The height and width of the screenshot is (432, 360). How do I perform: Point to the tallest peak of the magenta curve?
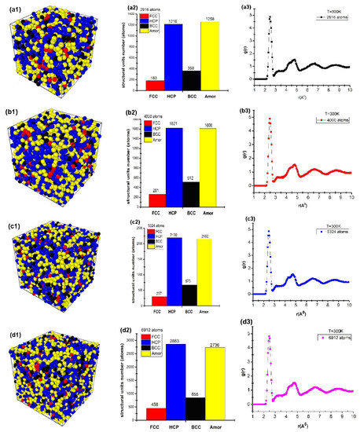(x=270, y=338)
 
